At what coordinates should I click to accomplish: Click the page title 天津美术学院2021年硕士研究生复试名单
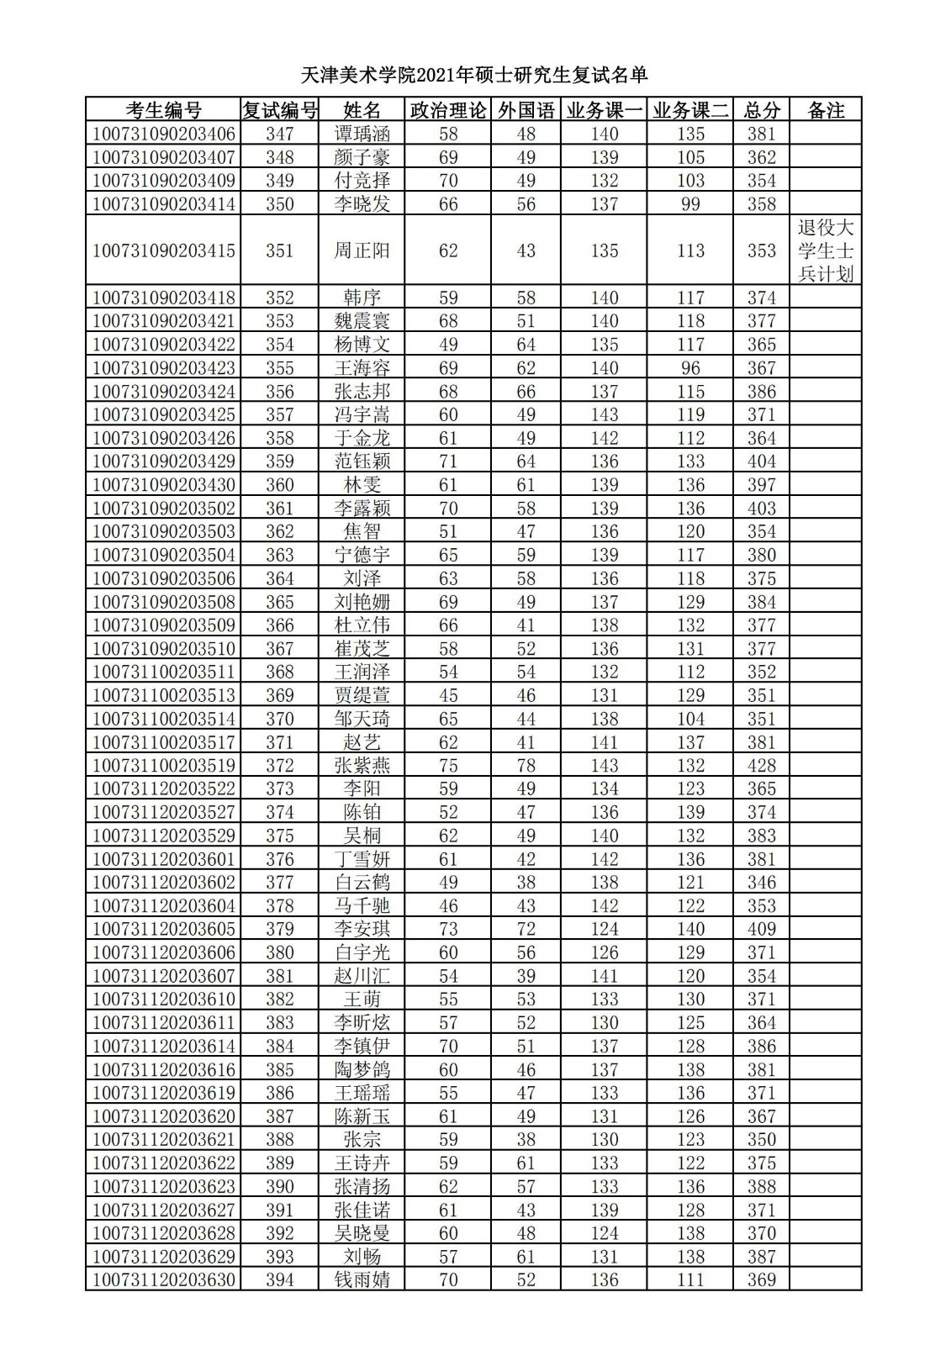click(x=474, y=76)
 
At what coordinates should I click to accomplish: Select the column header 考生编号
click(x=163, y=110)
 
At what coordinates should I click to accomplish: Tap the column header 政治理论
click(x=448, y=110)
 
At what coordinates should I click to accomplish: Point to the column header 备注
click(x=825, y=110)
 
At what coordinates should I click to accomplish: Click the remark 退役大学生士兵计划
click(x=825, y=251)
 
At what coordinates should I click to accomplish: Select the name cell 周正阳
click(x=362, y=251)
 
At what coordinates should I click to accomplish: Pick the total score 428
click(x=761, y=766)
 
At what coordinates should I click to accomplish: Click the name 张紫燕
click(x=362, y=766)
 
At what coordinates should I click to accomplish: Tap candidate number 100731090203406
click(x=163, y=134)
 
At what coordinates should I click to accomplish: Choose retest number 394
click(x=279, y=1280)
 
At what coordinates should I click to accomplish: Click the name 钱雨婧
click(x=362, y=1280)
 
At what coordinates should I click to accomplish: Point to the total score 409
click(x=761, y=929)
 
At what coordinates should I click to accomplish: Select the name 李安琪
click(x=362, y=929)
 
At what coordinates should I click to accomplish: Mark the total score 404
click(x=761, y=462)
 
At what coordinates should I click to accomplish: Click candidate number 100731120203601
click(x=163, y=859)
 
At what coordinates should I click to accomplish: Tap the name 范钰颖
click(x=362, y=462)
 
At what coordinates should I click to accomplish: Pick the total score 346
click(x=761, y=883)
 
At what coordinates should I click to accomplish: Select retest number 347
click(x=279, y=134)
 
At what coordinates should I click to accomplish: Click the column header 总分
click(x=761, y=110)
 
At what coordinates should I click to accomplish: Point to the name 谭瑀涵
click(x=362, y=134)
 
